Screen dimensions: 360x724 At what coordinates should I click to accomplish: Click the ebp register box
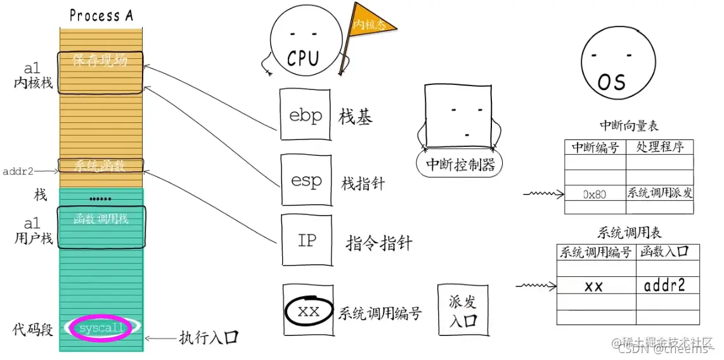tap(306, 114)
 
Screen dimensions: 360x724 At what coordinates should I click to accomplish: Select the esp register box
tap(306, 180)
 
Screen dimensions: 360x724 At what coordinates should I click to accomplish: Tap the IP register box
tap(306, 240)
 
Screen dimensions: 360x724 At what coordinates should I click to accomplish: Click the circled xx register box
tap(308, 311)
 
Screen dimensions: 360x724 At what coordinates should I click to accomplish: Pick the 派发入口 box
tap(463, 310)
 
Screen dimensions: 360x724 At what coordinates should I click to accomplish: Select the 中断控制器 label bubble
tap(460, 164)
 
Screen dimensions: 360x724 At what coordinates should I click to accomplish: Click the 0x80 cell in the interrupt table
tap(594, 194)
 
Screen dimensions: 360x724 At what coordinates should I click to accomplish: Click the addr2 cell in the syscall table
tap(664, 286)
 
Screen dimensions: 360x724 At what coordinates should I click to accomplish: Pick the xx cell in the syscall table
tap(594, 286)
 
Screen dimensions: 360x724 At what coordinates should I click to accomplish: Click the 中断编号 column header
tap(595, 147)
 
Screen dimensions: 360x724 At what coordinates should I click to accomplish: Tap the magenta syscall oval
tap(101, 328)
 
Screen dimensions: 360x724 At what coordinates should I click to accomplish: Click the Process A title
tap(101, 15)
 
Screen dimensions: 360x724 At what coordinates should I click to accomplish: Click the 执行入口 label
tap(209, 337)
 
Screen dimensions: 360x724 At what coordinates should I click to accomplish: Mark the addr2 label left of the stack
tap(18, 171)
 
